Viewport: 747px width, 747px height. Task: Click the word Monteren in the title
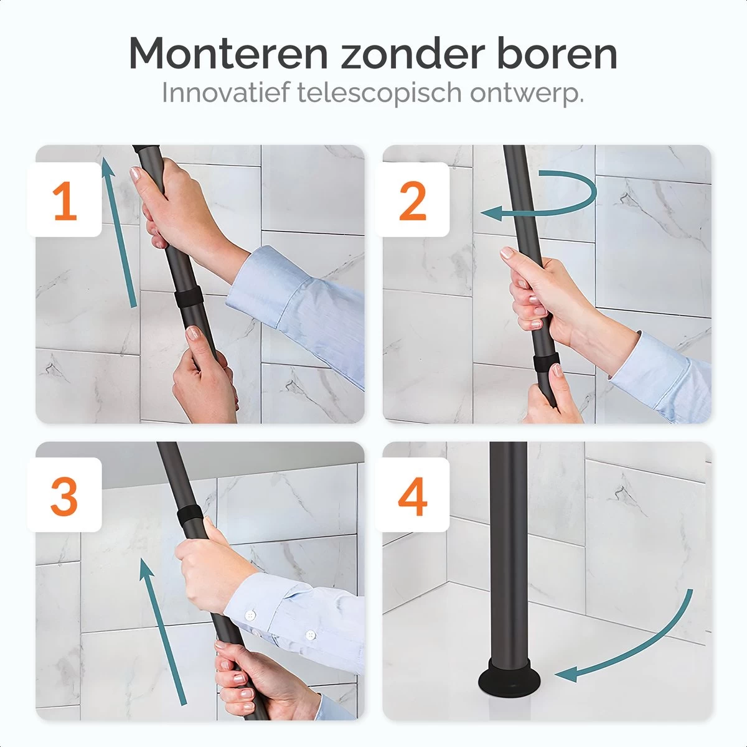point(228,54)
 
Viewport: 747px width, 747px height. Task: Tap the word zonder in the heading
point(411,54)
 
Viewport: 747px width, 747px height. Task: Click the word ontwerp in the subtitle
point(525,93)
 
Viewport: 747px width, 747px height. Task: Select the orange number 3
point(65,496)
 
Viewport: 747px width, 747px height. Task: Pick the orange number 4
point(412,496)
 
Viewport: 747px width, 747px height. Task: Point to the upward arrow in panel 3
point(163,629)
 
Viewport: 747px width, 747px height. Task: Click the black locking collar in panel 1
point(186,298)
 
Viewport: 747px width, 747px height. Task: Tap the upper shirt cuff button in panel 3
point(251,615)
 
